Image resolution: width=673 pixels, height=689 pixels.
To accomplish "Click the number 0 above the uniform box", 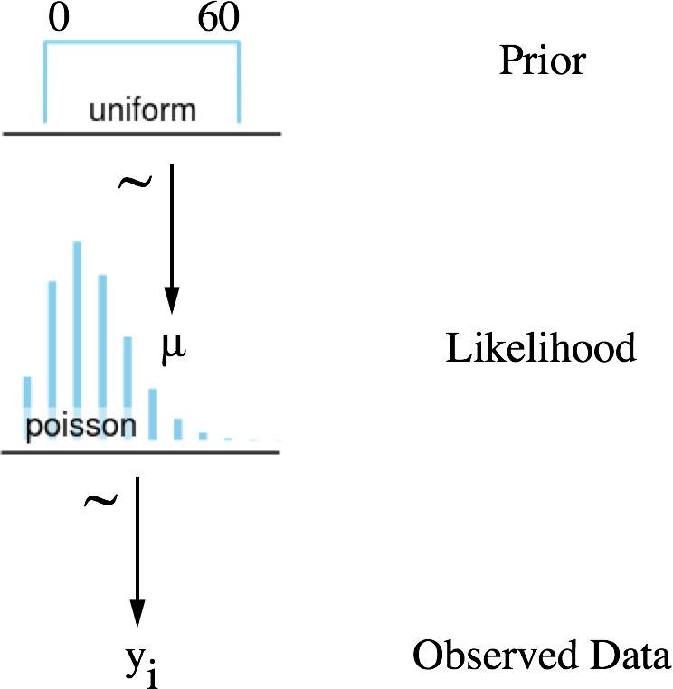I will [59, 20].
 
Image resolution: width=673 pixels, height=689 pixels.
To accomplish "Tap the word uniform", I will [142, 110].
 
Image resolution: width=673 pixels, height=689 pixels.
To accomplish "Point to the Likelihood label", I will [540, 348].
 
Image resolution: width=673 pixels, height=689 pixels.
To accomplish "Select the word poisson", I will [80, 426].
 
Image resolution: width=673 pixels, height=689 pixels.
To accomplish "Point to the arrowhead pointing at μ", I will [172, 300].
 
